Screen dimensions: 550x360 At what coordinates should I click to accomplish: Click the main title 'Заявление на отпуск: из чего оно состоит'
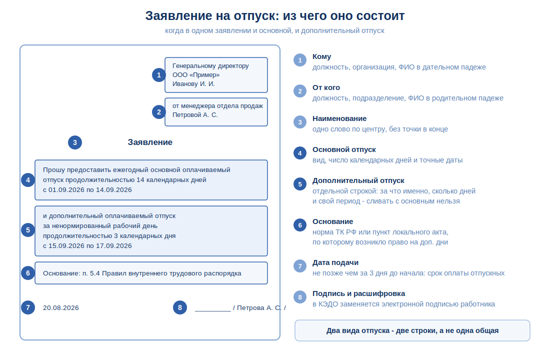(274, 16)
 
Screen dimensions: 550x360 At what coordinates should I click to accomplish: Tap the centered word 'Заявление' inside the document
(150, 142)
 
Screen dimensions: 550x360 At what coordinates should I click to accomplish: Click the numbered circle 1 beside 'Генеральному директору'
(159, 75)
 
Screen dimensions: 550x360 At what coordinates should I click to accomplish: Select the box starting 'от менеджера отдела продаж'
(216, 112)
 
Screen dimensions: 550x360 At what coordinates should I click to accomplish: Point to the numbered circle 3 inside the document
(74, 142)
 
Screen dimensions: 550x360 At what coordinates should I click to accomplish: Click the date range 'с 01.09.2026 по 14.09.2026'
(87, 190)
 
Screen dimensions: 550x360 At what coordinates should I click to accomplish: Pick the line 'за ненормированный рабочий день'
(100, 226)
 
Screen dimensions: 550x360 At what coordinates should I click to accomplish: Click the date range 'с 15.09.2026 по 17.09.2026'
(87, 246)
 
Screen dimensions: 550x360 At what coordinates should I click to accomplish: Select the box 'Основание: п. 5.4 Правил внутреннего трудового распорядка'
(151, 273)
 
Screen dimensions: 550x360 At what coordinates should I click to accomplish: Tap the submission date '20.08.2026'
(60, 307)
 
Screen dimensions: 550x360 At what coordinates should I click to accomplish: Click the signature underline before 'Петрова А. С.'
(212, 311)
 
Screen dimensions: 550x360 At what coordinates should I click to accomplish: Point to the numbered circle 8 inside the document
(180, 307)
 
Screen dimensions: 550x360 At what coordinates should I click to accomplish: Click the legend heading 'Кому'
(321, 56)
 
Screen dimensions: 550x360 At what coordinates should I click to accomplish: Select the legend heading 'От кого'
(326, 87)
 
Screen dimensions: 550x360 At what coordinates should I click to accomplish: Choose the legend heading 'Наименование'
(339, 118)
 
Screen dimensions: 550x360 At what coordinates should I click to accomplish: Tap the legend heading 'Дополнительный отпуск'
(358, 180)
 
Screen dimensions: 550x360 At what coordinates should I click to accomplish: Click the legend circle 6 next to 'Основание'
(300, 225)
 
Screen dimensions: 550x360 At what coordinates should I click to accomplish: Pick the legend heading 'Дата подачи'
(335, 262)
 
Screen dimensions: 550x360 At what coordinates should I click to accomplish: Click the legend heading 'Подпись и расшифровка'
(359, 293)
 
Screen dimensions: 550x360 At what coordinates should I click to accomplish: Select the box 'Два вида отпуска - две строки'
(412, 330)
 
